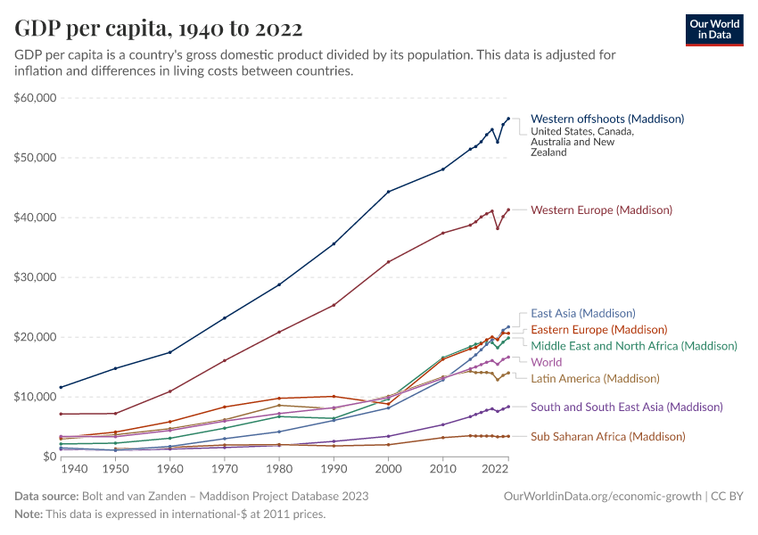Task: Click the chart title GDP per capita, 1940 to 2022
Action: tap(158, 29)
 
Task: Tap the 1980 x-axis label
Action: tap(279, 469)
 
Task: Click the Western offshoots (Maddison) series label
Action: tap(606, 119)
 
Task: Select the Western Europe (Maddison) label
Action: tap(601, 210)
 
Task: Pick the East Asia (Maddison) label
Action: tap(582, 313)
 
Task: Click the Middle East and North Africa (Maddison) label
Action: tap(633, 346)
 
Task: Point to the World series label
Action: tap(546, 362)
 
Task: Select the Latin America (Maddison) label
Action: tap(595, 378)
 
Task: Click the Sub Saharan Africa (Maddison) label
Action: tap(607, 437)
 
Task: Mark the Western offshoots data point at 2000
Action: tap(388, 192)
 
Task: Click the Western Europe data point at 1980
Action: tap(279, 332)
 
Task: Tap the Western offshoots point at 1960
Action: tap(170, 352)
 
